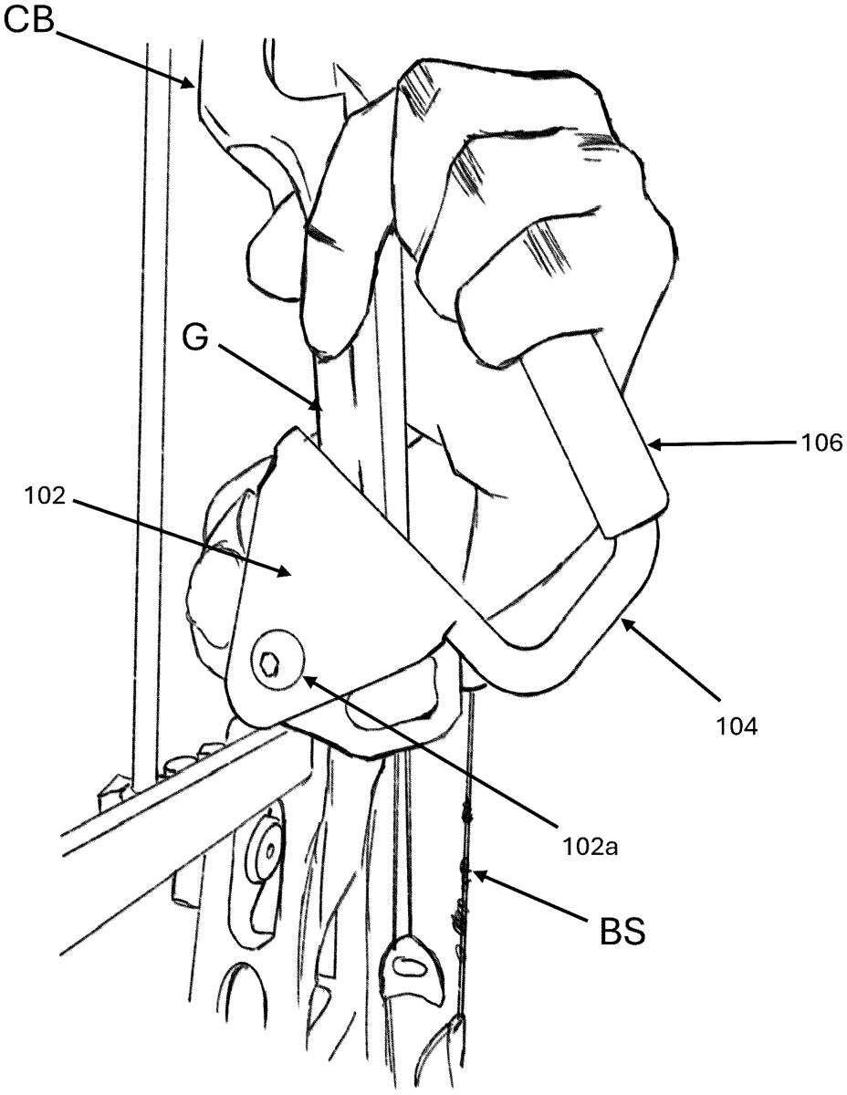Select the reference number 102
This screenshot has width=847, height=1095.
click(45, 496)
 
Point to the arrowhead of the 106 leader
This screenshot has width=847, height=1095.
click(654, 444)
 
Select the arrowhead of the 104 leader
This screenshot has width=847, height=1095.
click(627, 624)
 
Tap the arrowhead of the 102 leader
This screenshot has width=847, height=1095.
click(285, 571)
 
